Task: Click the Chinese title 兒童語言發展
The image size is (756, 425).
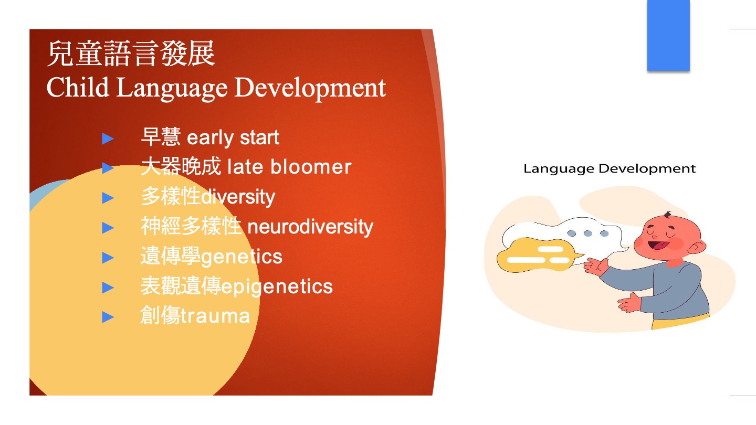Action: point(131,54)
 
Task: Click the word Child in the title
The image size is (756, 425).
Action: point(78,87)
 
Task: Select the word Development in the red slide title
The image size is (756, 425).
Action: point(310,88)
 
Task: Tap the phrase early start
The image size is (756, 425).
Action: point(233,137)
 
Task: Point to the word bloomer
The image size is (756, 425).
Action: point(311,167)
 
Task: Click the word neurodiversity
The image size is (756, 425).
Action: point(310,227)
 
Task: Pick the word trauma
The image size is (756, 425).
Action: point(215,316)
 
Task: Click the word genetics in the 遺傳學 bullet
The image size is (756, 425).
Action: point(241,257)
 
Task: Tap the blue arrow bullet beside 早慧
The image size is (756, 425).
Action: point(108,139)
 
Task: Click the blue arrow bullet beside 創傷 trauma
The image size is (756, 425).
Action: point(108,317)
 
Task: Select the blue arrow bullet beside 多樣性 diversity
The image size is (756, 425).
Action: point(108,198)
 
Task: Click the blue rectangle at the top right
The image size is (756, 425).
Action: point(668,35)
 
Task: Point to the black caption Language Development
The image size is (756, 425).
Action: point(610,168)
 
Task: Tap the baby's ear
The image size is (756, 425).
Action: point(697,247)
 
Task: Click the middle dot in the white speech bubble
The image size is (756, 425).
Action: point(588,233)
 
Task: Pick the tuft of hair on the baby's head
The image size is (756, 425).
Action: point(668,215)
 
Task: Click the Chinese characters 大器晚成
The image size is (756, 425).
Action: point(181,166)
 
